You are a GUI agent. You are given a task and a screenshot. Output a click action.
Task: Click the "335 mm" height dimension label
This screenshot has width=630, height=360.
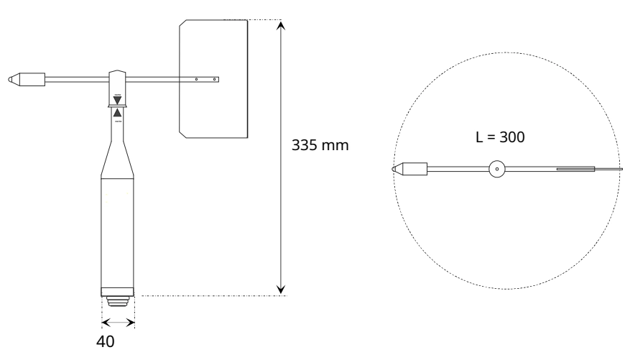(x=320, y=145)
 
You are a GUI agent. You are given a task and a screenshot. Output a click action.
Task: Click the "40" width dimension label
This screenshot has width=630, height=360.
(x=106, y=343)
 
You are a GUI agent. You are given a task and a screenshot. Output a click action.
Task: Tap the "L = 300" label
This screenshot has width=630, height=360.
(x=501, y=137)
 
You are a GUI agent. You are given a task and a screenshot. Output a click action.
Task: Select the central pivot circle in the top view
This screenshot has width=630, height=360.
(x=497, y=170)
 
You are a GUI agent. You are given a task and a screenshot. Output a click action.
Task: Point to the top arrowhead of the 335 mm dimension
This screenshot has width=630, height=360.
(x=282, y=25)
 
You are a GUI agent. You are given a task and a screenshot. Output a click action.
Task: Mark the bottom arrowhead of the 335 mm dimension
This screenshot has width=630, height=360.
(x=282, y=289)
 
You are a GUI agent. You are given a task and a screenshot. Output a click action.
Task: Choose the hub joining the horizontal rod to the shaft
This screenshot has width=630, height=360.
(x=118, y=78)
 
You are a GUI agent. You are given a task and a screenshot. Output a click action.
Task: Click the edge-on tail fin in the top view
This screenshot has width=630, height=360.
(x=575, y=170)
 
